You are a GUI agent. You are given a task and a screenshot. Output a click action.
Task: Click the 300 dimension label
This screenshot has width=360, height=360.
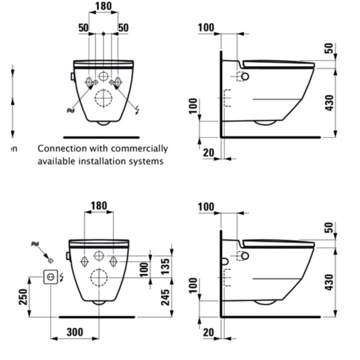tap(74, 332)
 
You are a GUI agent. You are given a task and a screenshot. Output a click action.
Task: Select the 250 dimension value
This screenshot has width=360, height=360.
tap(23, 297)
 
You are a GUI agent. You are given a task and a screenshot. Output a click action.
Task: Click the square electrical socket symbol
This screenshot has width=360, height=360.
tap(50, 275)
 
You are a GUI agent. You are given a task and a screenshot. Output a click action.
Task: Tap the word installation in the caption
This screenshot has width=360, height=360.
tap(103, 161)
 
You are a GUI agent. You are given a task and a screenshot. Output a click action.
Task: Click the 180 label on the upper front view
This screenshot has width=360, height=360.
tap(103, 6)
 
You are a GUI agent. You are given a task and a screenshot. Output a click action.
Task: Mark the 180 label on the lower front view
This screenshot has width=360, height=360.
tap(99, 205)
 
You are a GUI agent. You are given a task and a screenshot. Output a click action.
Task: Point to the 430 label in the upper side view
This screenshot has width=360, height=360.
tap(329, 102)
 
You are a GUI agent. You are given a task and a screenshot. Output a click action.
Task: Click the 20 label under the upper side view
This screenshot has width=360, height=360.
tap(209, 152)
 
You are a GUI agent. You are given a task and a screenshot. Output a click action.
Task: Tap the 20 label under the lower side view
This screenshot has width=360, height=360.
tap(209, 332)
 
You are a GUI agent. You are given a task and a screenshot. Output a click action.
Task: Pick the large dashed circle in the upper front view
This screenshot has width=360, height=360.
tap(103, 98)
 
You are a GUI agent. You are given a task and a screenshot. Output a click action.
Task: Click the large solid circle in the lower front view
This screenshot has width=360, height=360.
tap(99, 276)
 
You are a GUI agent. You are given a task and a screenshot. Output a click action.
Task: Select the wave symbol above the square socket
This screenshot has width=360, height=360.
tap(35, 244)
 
